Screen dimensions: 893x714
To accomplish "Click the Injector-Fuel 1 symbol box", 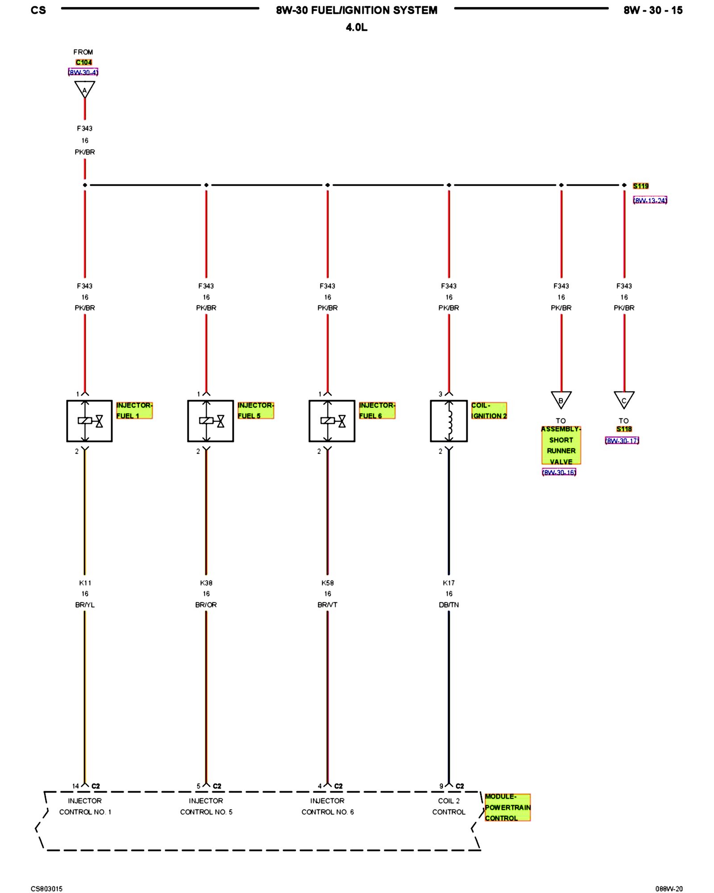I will coord(89,421).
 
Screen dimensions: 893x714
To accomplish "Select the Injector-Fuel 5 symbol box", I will coord(210,421).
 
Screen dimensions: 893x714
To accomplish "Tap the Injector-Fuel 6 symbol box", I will coord(332,421).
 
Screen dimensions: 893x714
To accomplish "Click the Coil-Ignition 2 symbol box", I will coord(448,421).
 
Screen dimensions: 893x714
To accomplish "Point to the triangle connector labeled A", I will coord(84,89).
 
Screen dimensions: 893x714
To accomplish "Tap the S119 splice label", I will coord(640,186).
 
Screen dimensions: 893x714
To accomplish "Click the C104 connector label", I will coord(83,63).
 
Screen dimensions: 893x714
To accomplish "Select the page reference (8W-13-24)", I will coord(650,200).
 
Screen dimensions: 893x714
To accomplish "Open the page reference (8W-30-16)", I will coord(559,472).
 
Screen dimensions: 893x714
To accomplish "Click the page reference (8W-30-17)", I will coord(622,441).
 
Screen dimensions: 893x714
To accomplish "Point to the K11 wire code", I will coord(85,583).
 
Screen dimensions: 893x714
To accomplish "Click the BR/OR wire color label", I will coord(206,605).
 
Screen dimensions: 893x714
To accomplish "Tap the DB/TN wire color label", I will coord(448,605).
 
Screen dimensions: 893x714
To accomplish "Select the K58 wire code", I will coord(327,583).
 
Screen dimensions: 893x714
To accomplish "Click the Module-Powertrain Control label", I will coord(507,807).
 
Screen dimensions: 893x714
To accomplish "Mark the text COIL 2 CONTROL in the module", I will coord(448,806).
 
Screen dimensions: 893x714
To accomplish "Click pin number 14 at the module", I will coord(75,786).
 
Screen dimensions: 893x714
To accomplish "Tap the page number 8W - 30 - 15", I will coord(653,10).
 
